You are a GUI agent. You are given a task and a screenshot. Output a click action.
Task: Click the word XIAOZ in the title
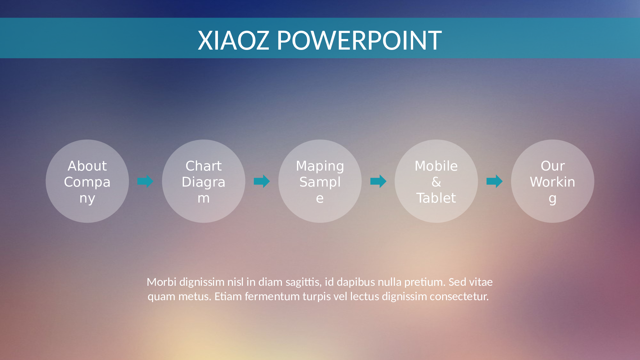point(233,41)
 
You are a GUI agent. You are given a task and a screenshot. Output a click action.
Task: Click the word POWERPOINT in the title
point(359,41)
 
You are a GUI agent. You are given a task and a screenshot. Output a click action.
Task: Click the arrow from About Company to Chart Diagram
point(145,181)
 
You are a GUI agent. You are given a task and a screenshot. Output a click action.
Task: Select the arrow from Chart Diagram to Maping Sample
point(262,181)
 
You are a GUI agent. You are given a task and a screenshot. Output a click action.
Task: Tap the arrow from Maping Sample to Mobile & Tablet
point(378,181)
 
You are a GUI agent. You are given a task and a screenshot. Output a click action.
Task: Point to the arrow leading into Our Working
point(494,181)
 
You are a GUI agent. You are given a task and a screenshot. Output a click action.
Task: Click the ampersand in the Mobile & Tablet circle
point(436,182)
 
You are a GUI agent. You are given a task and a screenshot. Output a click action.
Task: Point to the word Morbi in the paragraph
point(161,282)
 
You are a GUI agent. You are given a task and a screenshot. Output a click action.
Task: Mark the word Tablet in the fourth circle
point(436,198)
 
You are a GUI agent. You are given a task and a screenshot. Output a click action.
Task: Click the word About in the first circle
point(87,166)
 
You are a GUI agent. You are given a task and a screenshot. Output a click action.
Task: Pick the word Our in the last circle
point(553,166)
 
